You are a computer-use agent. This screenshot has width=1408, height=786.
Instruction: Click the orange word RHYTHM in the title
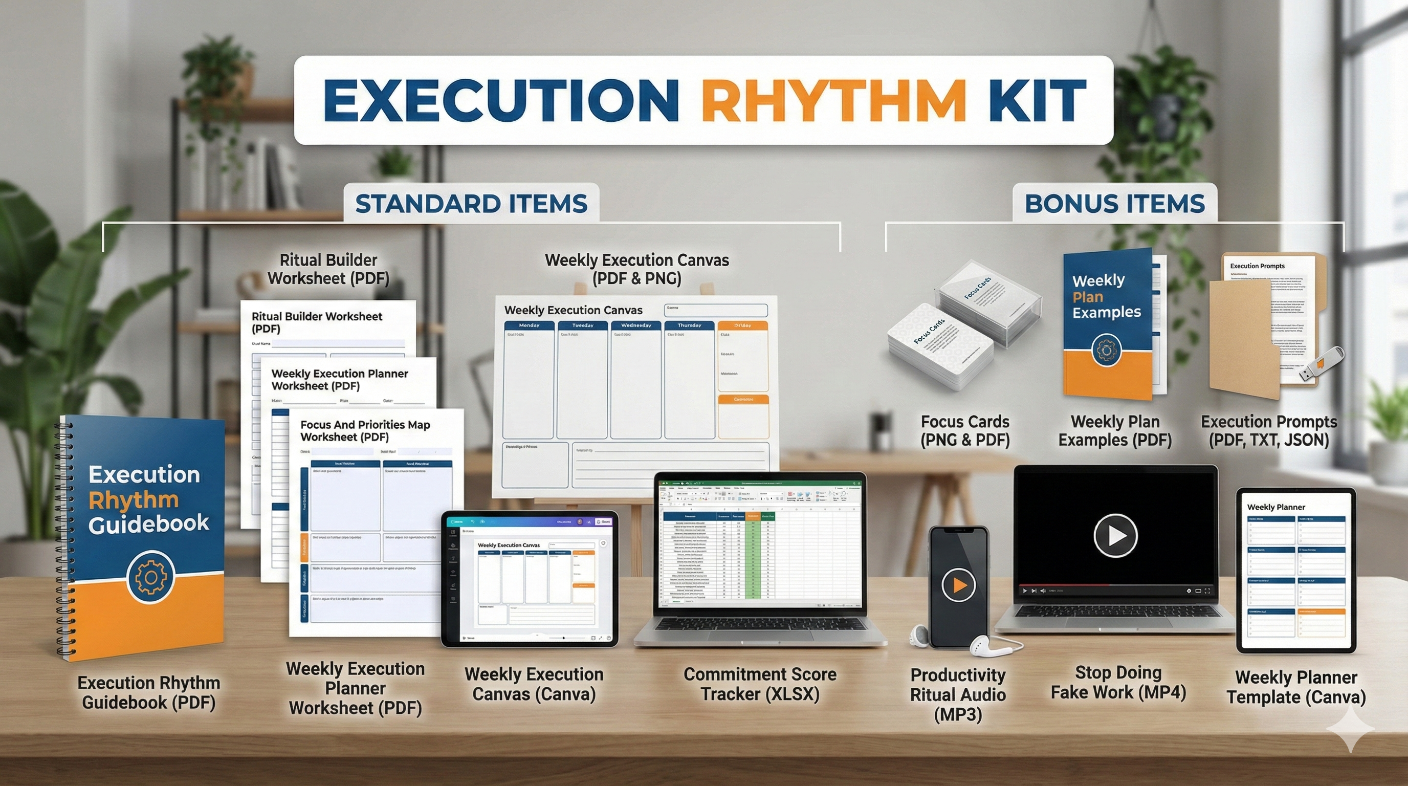click(833, 102)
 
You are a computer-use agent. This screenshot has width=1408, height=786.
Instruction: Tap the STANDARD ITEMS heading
click(471, 204)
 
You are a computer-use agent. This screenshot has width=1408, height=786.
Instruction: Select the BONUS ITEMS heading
click(1114, 204)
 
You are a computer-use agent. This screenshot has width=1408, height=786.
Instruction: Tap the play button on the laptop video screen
click(1115, 536)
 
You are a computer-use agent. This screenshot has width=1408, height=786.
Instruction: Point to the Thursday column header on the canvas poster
click(689, 326)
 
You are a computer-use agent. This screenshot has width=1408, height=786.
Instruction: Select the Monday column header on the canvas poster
click(529, 326)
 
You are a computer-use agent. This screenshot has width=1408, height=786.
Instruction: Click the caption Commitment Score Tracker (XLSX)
click(760, 684)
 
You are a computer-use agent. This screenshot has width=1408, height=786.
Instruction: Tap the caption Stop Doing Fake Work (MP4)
click(1118, 682)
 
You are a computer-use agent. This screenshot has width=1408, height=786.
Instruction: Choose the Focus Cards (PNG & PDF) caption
click(965, 431)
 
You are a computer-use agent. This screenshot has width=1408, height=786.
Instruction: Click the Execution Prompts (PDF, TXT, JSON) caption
click(1269, 431)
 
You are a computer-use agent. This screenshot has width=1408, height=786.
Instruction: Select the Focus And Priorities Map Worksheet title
click(365, 431)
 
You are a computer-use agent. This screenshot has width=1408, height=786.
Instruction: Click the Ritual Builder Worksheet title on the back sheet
click(317, 322)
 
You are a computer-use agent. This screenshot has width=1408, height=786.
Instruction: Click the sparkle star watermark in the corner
click(1350, 729)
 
